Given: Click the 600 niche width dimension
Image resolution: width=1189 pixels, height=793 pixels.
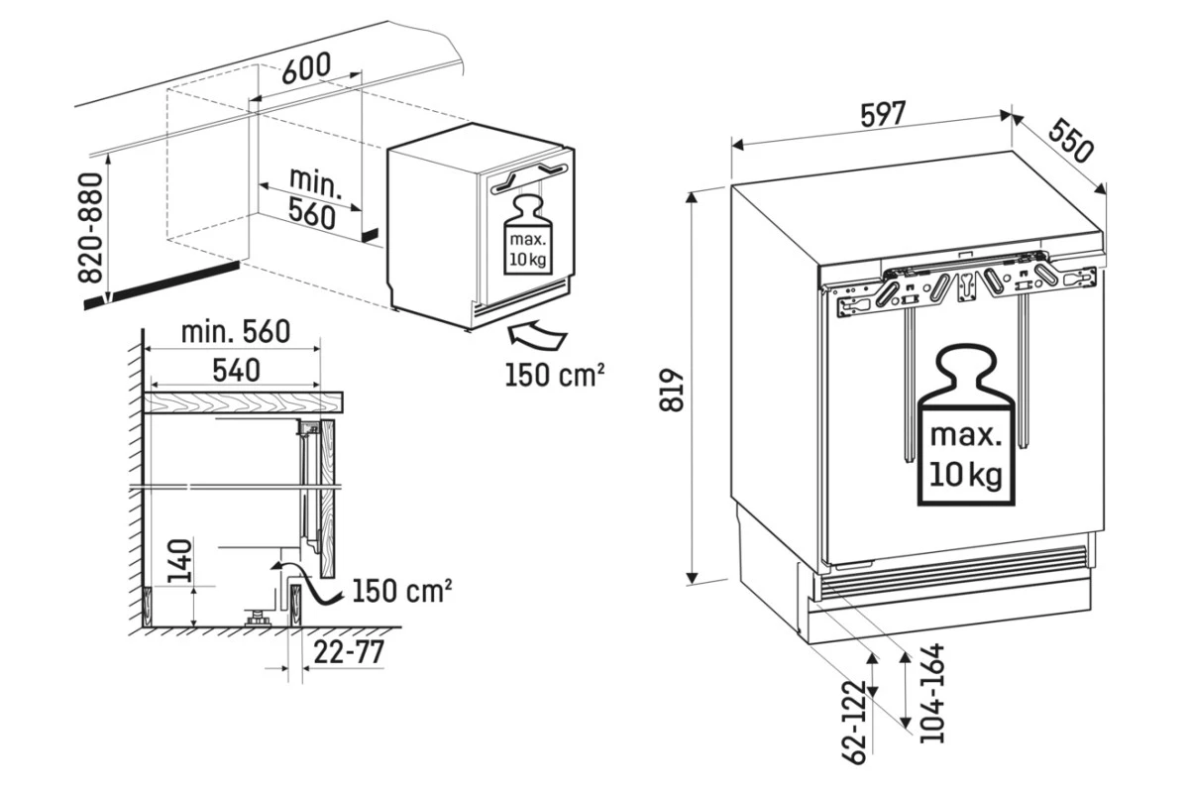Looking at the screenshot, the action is tap(306, 67).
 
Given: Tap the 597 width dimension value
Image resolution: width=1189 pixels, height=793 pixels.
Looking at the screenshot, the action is tap(883, 114).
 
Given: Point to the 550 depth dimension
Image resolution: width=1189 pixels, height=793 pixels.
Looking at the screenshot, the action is tap(1071, 141).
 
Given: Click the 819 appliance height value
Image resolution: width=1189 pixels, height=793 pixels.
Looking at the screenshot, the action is tap(672, 391).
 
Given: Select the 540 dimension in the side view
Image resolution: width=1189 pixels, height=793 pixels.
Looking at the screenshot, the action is tap(236, 370).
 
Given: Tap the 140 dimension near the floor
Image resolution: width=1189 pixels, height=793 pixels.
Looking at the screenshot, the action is tap(180, 561).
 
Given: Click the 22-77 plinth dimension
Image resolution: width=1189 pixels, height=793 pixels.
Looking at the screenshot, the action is tap(349, 652).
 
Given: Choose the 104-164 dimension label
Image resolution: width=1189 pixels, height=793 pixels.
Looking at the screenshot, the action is tap(932, 693).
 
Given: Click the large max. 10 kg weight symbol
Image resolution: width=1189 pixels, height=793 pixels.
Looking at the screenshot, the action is tap(966, 424).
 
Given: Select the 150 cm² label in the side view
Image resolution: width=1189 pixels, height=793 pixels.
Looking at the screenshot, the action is tap(402, 591).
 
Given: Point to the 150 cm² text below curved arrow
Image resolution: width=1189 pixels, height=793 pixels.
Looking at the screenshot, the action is tap(555, 375).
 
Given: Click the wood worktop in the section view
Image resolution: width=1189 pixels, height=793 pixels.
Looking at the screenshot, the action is tap(243, 402).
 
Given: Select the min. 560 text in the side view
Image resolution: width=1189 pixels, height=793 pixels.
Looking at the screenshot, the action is tap(236, 332).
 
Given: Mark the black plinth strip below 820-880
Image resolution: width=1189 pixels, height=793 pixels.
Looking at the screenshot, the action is tap(162, 285).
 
